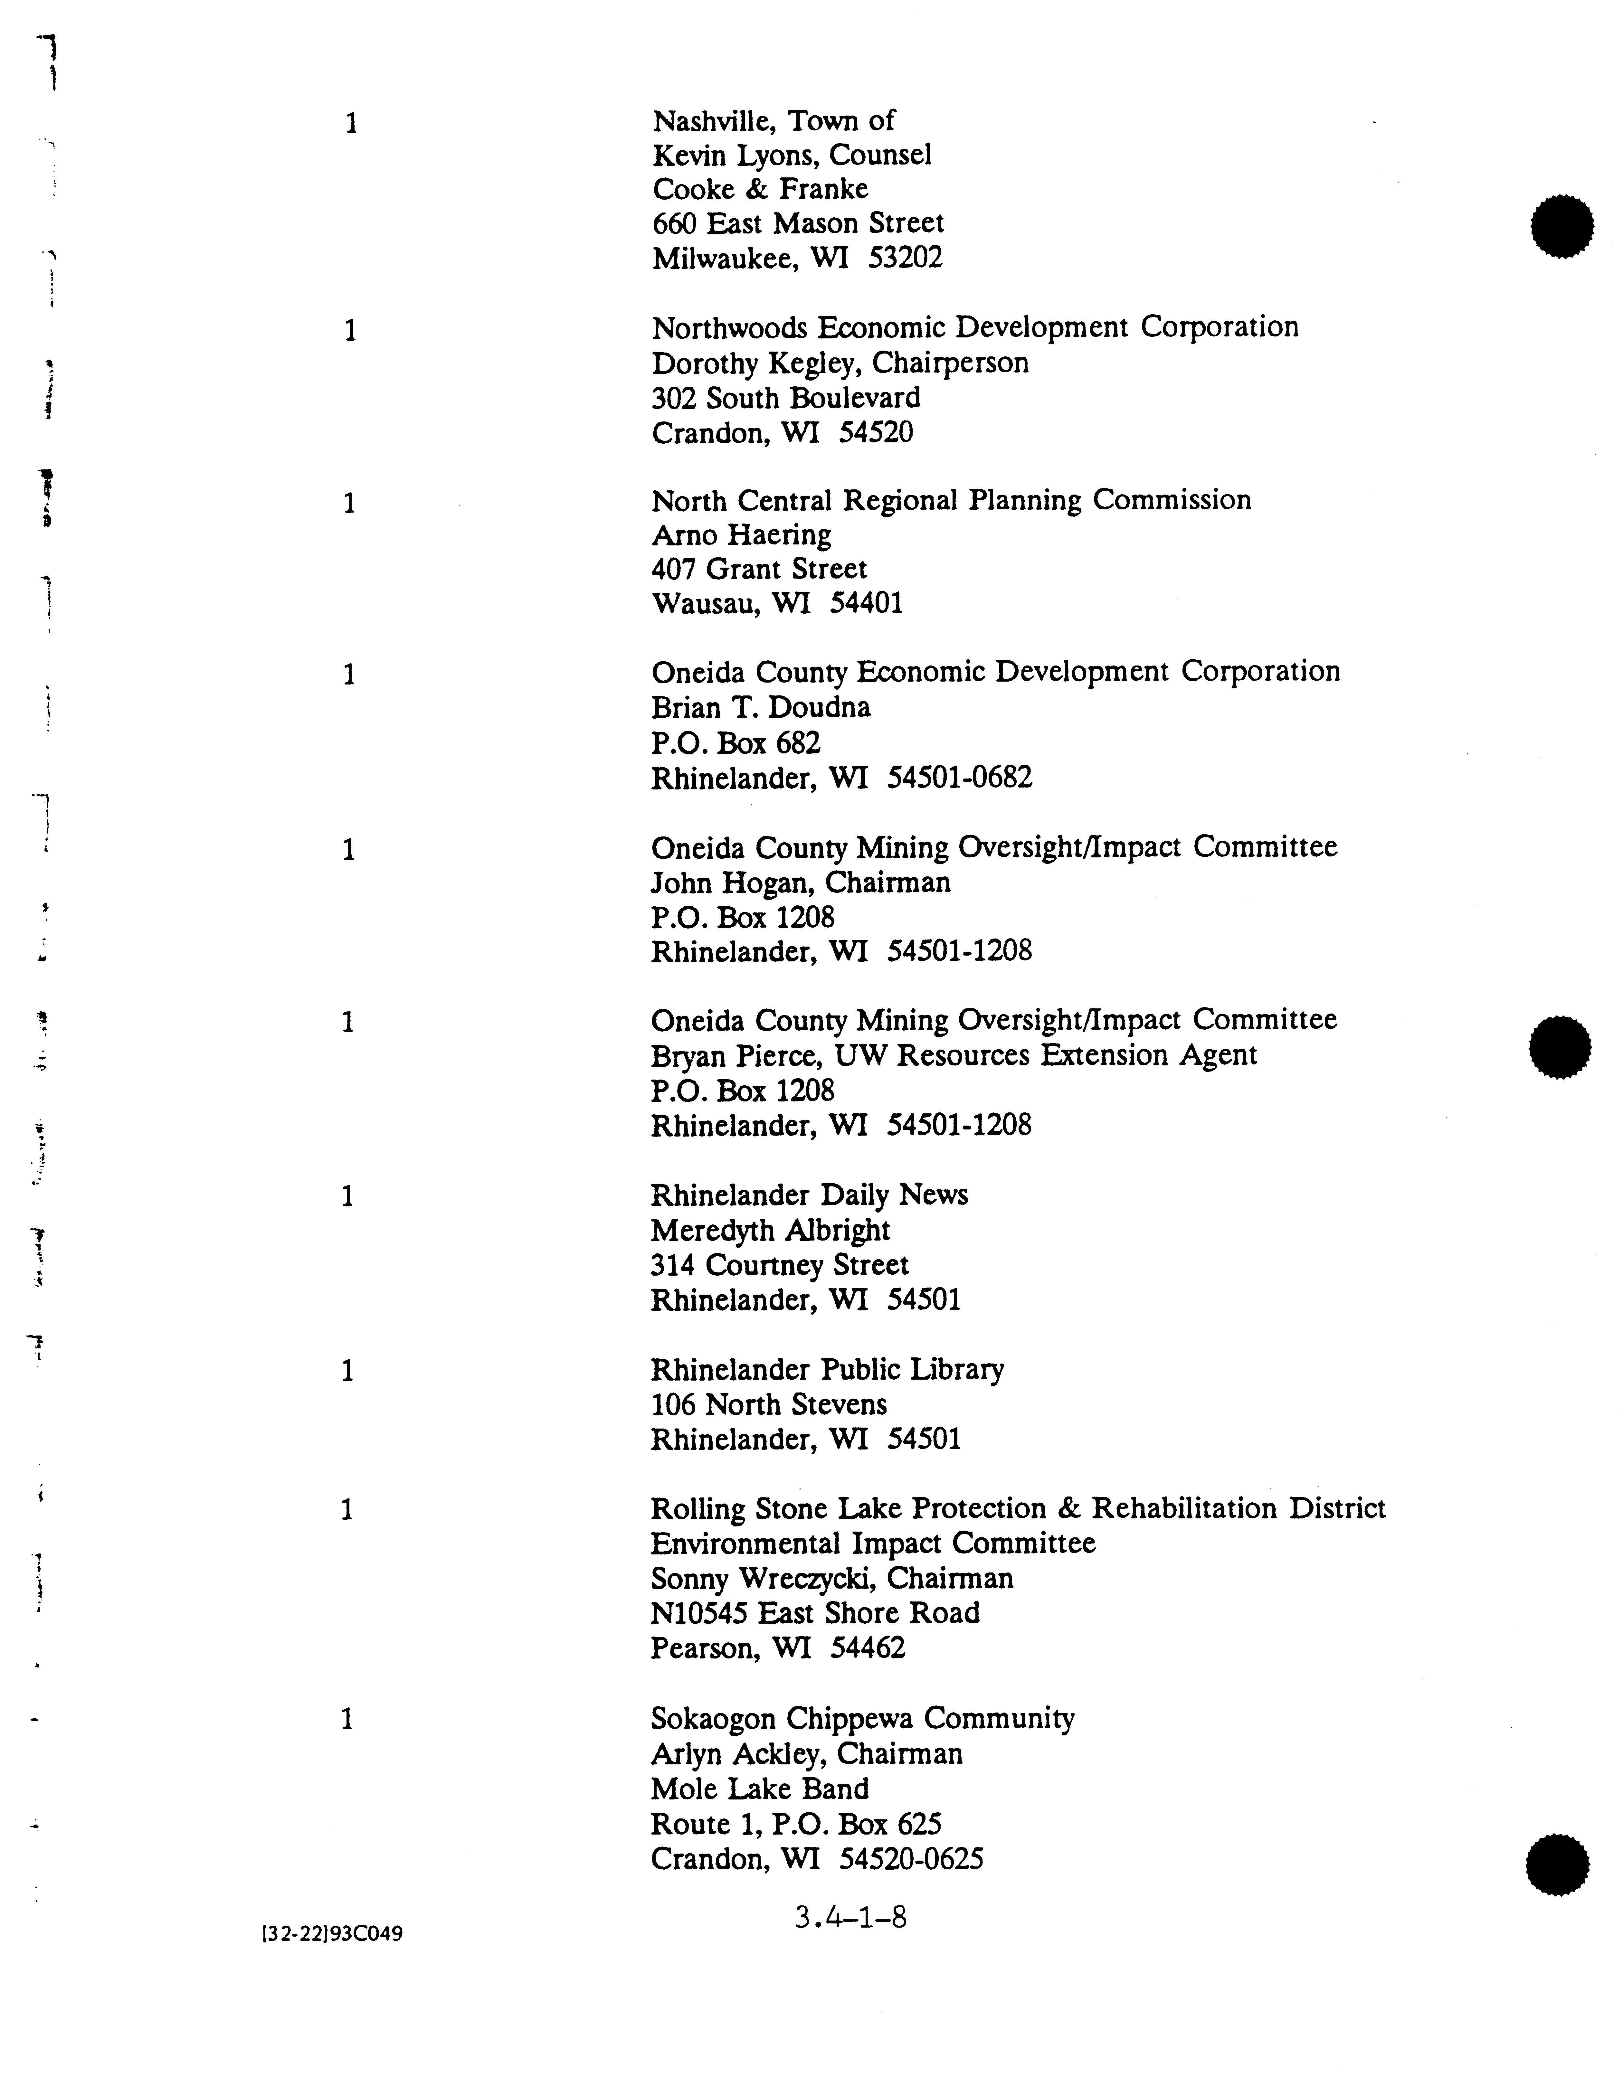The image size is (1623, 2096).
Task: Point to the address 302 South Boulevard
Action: [x=785, y=398]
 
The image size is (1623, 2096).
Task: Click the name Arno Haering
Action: [x=741, y=535]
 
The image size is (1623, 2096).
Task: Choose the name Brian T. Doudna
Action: [x=760, y=708]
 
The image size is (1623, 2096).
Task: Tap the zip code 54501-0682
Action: [x=959, y=778]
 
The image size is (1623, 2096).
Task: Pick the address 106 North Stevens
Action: [x=768, y=1405]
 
